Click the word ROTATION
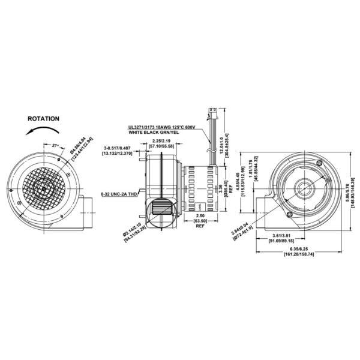tap(43, 119)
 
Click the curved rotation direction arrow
tap(44, 131)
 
